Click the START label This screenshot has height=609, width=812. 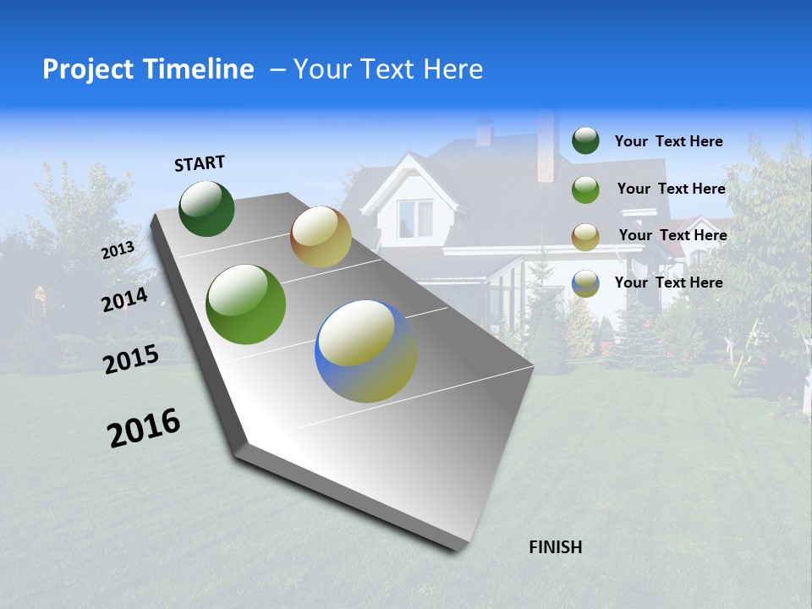point(200,163)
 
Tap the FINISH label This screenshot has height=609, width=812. point(556,547)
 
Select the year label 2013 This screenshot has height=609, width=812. point(118,250)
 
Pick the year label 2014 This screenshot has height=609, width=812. point(124,300)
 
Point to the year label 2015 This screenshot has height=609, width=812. point(131,360)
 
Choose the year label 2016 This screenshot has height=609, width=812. point(144,428)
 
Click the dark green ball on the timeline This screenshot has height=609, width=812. point(206,208)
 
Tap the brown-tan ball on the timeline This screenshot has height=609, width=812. point(321,237)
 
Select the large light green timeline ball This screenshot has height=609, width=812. point(246,304)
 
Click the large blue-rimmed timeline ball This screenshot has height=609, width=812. point(366,351)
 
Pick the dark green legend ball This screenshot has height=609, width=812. point(585,141)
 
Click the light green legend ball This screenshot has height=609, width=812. point(585,189)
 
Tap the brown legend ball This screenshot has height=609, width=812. point(585,237)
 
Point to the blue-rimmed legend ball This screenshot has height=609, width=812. point(585,283)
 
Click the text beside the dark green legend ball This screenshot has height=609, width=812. point(668,141)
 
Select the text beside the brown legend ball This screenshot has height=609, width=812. point(672,235)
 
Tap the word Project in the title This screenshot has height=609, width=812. point(88,69)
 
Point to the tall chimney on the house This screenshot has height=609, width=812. point(546,145)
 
